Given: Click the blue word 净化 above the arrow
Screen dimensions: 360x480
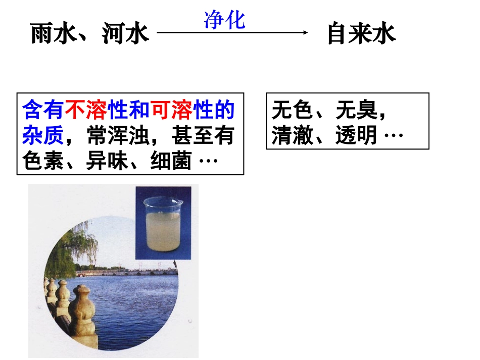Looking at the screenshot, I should pos(225,20).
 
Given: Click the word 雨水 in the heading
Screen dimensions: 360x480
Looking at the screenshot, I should pos(54,34).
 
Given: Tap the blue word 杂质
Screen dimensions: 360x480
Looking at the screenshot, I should pos(43,135).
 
